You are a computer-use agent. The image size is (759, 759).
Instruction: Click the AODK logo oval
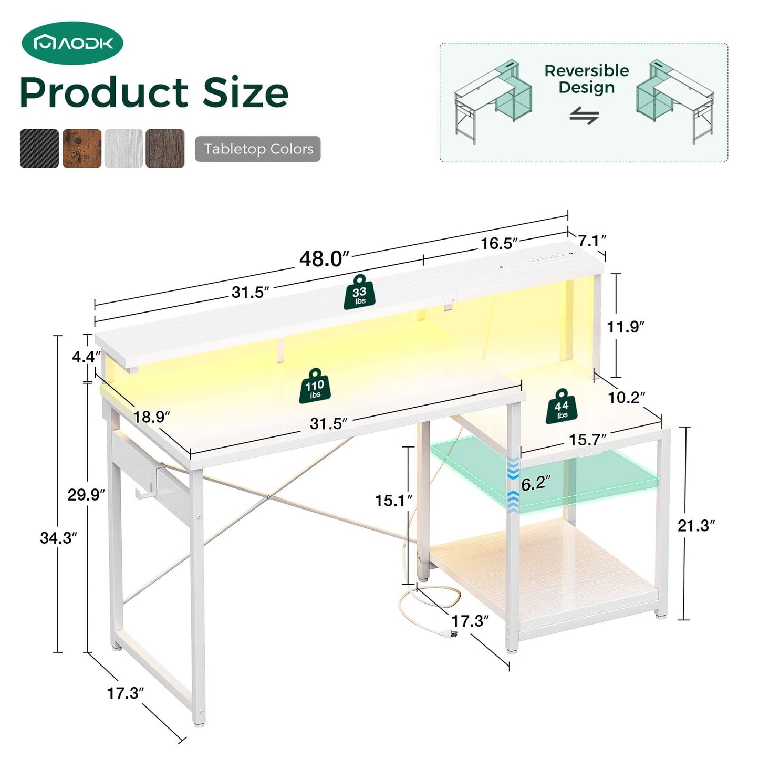point(72,43)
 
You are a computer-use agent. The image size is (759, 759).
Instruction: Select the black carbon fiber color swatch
point(39,149)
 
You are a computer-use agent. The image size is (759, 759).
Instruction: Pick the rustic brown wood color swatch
point(82,149)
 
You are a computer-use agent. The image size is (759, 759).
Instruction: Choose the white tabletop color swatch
point(123,149)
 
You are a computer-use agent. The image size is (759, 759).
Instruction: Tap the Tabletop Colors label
point(258,149)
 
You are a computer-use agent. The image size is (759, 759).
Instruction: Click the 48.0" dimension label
point(325,259)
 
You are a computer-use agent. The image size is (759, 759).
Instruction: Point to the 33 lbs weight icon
point(359,292)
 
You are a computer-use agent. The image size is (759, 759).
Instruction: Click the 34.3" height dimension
point(58,538)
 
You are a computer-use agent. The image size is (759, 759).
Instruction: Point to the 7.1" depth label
point(592,240)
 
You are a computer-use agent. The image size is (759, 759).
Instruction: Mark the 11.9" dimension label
point(626,327)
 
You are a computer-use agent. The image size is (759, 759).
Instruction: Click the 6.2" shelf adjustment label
point(536,483)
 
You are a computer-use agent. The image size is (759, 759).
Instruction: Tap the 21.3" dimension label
point(696,525)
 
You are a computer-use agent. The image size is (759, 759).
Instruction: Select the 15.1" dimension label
point(393,500)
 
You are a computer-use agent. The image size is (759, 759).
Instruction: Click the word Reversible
point(587,71)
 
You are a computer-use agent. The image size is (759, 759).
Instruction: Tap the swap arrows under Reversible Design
point(584,116)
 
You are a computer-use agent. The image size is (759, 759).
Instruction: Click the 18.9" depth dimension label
point(152,417)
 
